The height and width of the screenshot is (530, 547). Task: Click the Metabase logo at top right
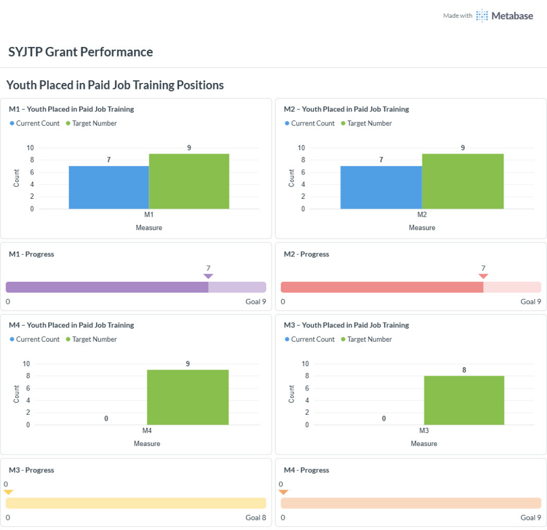(x=504, y=16)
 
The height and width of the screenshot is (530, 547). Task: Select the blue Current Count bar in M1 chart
(x=109, y=187)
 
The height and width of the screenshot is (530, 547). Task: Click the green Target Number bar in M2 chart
(x=462, y=182)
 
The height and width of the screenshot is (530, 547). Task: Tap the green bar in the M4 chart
(x=188, y=397)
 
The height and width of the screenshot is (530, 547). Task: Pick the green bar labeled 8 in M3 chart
(x=464, y=401)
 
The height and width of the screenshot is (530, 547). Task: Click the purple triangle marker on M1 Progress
(x=208, y=276)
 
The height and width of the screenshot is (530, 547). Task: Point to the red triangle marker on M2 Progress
(x=483, y=276)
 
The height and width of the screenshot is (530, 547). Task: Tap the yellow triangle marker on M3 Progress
(x=9, y=492)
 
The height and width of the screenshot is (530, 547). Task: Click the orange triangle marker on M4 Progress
(x=283, y=492)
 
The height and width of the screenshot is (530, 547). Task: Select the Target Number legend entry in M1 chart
(x=92, y=123)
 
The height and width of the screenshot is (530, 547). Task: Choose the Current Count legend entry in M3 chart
(x=310, y=339)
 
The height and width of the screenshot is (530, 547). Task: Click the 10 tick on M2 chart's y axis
(x=302, y=148)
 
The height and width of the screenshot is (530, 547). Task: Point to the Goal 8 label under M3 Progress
(x=256, y=517)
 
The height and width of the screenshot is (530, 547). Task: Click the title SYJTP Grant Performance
(x=80, y=52)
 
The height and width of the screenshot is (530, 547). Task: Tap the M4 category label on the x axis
(x=147, y=431)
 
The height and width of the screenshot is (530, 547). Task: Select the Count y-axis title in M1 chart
(x=16, y=178)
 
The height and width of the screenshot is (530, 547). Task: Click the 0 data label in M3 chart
(x=384, y=418)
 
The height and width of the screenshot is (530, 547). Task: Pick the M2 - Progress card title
(x=306, y=254)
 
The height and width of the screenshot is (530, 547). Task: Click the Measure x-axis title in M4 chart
(x=147, y=444)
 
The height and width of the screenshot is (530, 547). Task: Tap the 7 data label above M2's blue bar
(x=382, y=160)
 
